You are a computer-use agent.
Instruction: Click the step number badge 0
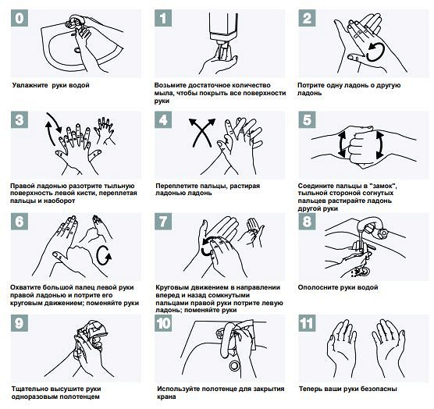20,18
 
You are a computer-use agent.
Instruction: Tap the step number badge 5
307,120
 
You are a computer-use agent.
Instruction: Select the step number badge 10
163,323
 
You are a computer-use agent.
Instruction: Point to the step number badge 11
307,323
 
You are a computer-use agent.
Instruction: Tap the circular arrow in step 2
375,52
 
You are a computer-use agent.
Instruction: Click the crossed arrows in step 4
202,132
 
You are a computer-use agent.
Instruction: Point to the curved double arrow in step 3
54,129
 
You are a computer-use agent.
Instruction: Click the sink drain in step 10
234,365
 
